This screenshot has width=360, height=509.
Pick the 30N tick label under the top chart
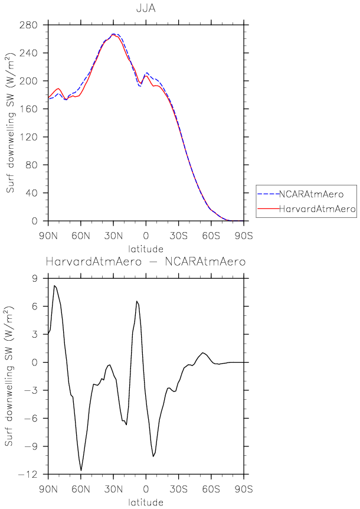click(114, 236)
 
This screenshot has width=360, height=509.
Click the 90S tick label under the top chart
click(244, 236)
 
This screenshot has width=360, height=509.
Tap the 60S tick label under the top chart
click(211, 236)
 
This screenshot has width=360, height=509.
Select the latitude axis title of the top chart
click(146, 249)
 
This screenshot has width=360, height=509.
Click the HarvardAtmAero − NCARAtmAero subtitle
click(146, 262)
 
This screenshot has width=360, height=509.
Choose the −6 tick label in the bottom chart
click(32, 419)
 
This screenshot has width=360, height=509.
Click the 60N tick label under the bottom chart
click(81, 490)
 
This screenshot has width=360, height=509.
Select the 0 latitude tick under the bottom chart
click(146, 490)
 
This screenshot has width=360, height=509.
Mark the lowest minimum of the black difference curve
click(81, 470)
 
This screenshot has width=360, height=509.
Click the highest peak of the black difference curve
click(54, 286)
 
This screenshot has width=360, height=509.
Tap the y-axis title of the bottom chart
click(10, 376)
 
